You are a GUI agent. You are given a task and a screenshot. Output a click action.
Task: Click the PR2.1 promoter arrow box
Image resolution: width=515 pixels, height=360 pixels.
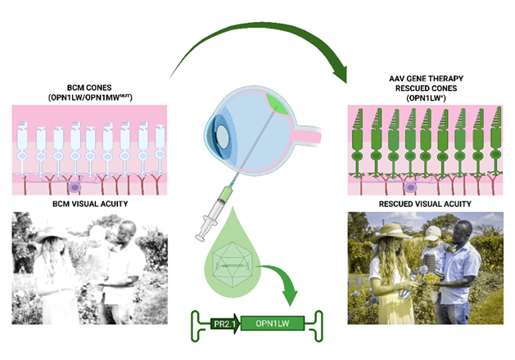(225, 323)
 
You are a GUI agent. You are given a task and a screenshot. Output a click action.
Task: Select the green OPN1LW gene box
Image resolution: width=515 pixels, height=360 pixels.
(273, 323)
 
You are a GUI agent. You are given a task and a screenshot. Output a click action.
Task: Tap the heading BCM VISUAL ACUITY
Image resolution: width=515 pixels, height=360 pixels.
(90, 204)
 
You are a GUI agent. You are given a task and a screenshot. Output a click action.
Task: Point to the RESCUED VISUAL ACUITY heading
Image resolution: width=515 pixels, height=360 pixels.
(425, 204)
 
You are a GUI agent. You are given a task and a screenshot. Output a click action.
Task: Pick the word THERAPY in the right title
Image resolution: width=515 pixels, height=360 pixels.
(447, 79)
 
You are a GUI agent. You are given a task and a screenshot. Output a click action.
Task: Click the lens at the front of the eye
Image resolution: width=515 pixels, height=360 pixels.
(223, 136)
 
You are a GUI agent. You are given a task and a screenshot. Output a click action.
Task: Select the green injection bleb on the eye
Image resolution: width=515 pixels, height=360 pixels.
(277, 104)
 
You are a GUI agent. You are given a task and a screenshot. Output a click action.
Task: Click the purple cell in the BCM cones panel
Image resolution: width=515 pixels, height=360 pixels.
(75, 187)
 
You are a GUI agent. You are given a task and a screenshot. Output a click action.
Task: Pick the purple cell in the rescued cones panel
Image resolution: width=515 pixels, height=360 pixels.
(410, 187)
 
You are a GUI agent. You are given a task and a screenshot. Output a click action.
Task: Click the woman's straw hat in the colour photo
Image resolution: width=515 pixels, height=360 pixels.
(391, 232)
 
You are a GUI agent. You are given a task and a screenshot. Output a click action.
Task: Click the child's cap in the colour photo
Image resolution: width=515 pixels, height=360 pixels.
(433, 232)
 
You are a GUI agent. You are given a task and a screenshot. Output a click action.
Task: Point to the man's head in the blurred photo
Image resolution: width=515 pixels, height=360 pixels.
(126, 232)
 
